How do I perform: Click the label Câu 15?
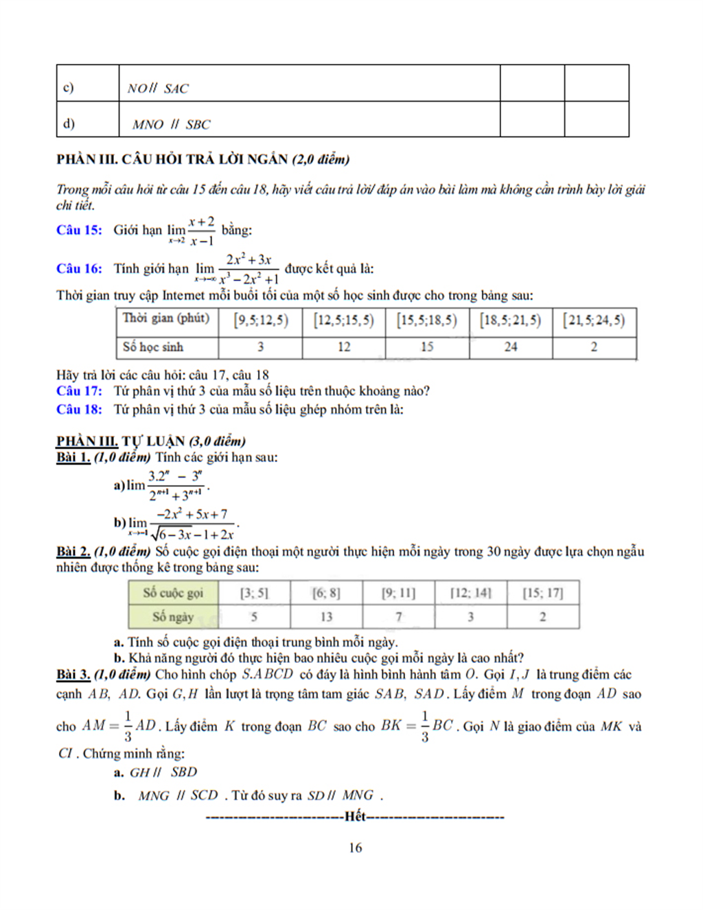(78, 230)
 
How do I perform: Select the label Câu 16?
(78, 268)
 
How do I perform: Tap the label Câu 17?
(78, 391)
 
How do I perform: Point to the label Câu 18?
(78, 410)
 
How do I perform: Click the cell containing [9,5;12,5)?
(260, 320)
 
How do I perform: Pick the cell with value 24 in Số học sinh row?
(510, 347)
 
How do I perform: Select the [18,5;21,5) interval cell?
(510, 320)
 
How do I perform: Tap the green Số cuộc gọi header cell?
(173, 592)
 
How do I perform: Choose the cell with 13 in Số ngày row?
(326, 616)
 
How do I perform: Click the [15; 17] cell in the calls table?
(542, 592)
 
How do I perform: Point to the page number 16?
(355, 848)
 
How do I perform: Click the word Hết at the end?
(355, 816)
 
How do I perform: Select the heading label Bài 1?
(73, 458)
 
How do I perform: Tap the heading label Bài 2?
(73, 552)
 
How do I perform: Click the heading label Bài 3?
(73, 675)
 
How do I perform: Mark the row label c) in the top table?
(69, 87)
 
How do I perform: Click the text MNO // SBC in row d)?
(171, 124)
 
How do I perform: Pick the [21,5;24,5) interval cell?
(594, 320)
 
